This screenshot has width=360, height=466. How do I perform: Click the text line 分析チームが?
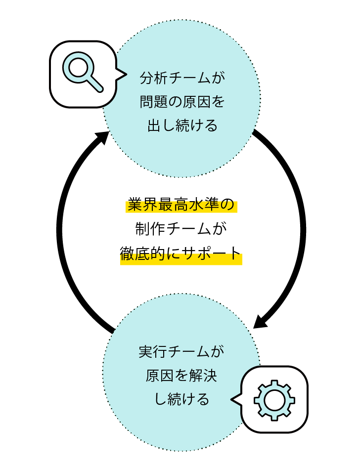182,79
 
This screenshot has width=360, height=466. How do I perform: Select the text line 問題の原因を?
182,102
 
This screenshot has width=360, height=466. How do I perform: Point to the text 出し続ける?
182,126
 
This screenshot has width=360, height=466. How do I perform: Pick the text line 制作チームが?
182,229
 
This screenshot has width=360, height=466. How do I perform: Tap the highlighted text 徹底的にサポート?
181,254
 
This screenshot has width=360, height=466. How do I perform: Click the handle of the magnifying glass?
95,84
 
